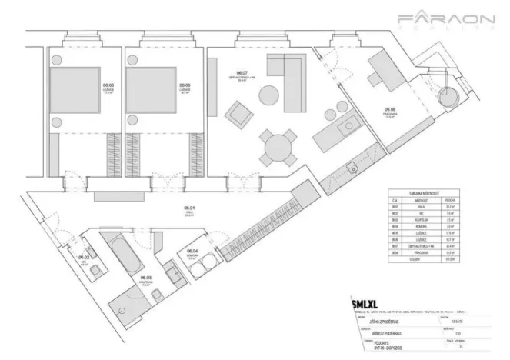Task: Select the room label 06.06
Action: click(x=185, y=87)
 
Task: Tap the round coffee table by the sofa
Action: click(x=268, y=97)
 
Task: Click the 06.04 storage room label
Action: click(x=195, y=252)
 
